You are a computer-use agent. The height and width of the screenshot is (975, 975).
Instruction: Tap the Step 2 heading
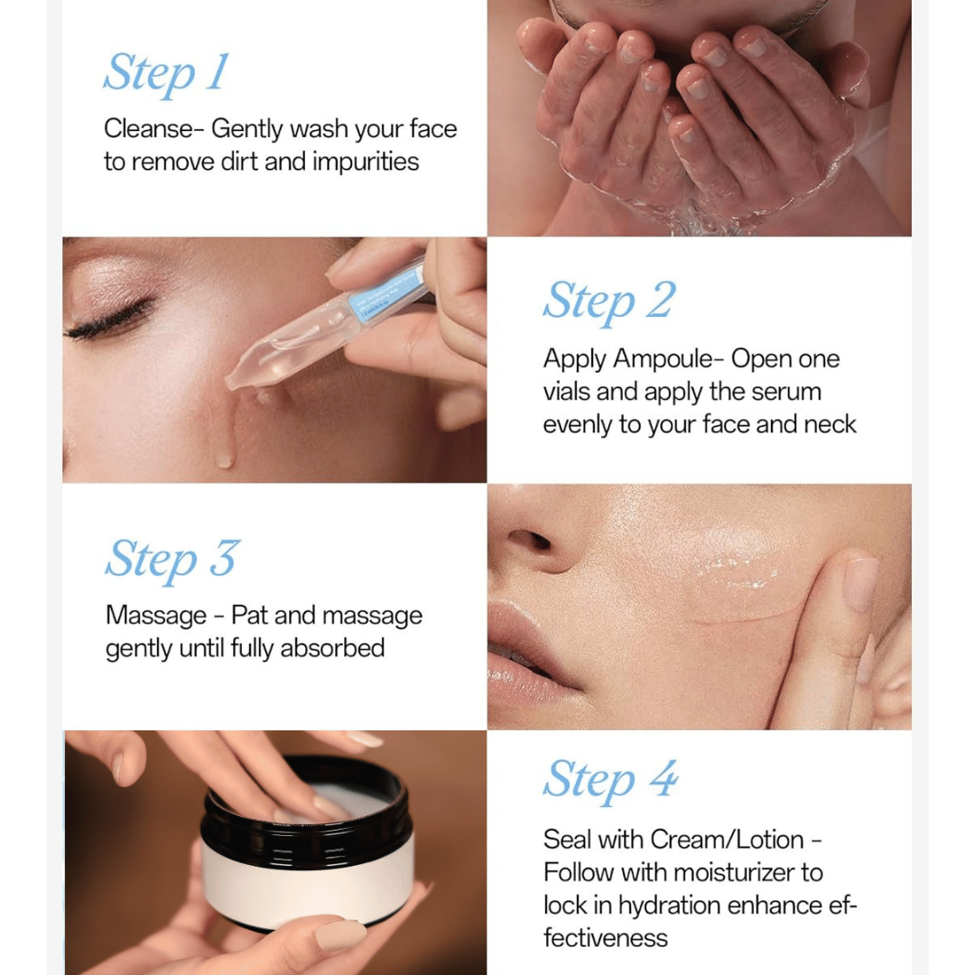click(609, 302)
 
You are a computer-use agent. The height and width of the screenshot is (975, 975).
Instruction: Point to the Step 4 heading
click(610, 781)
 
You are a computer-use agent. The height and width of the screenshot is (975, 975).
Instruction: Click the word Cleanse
click(149, 129)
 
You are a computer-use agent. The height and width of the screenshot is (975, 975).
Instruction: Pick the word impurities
click(366, 162)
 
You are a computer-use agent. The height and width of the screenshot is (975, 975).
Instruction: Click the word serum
click(786, 393)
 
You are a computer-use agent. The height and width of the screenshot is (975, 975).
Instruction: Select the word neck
click(830, 424)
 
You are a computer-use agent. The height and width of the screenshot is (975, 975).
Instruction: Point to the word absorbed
click(332, 648)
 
